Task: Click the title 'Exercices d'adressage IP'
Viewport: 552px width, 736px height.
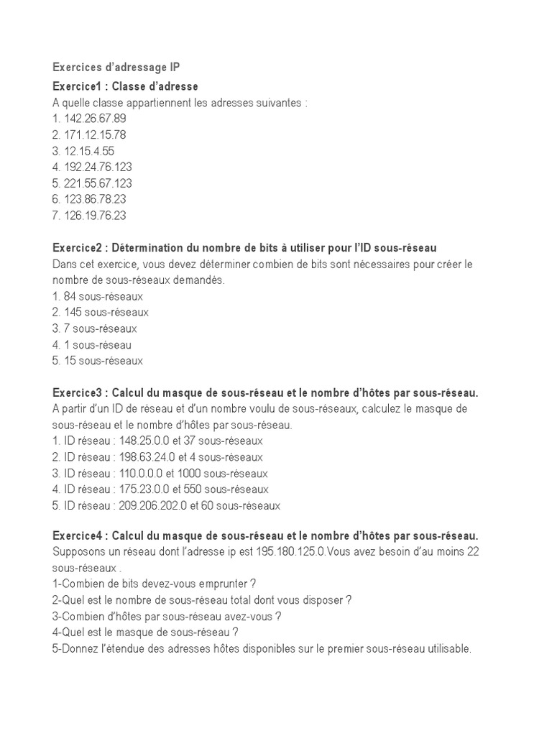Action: [121, 68]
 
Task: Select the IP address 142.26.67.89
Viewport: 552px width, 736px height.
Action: [95, 119]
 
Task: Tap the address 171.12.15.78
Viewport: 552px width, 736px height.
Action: [95, 134]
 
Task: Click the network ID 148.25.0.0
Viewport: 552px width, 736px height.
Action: [143, 441]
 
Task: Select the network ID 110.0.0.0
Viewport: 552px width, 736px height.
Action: [139, 473]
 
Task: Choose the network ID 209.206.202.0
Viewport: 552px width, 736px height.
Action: [152, 505]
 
